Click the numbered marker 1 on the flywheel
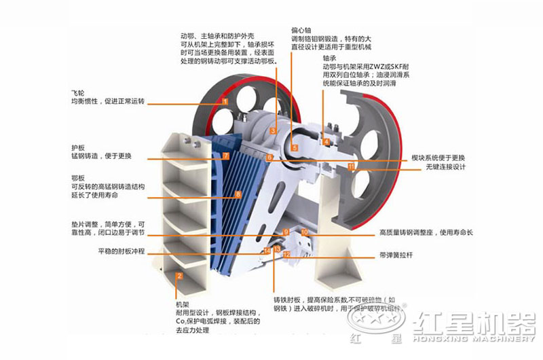point(224,101)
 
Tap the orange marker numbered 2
point(179,276)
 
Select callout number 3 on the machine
point(274,130)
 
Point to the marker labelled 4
point(326,142)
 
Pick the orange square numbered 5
point(295,147)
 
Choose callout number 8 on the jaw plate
point(238,195)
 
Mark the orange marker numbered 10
point(304,232)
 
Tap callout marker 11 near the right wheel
point(351,166)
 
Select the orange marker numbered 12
point(286,254)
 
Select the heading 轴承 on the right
point(330,59)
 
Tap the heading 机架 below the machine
point(183,305)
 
